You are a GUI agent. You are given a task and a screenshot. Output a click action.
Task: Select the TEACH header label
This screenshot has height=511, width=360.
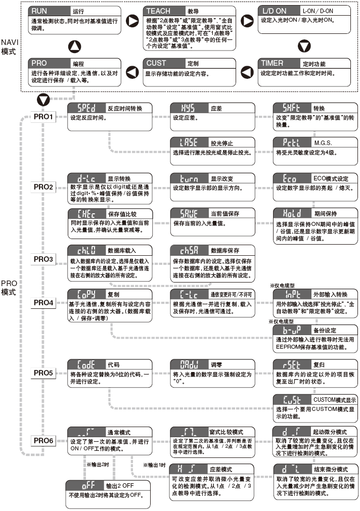pyautogui.click(x=158, y=11)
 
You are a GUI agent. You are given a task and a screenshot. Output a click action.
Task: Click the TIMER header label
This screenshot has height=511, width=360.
pyautogui.click(x=272, y=64)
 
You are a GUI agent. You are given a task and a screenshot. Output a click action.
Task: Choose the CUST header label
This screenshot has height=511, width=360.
pyautogui.click(x=156, y=64)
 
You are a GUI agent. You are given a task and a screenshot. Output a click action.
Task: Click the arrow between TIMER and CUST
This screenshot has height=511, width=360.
pyautogui.click(x=247, y=72)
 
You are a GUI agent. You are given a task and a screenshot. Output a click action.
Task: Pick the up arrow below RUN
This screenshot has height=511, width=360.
pyautogui.click(x=74, y=47)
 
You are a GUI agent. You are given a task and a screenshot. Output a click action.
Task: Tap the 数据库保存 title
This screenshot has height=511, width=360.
pyautogui.click(x=225, y=250)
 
